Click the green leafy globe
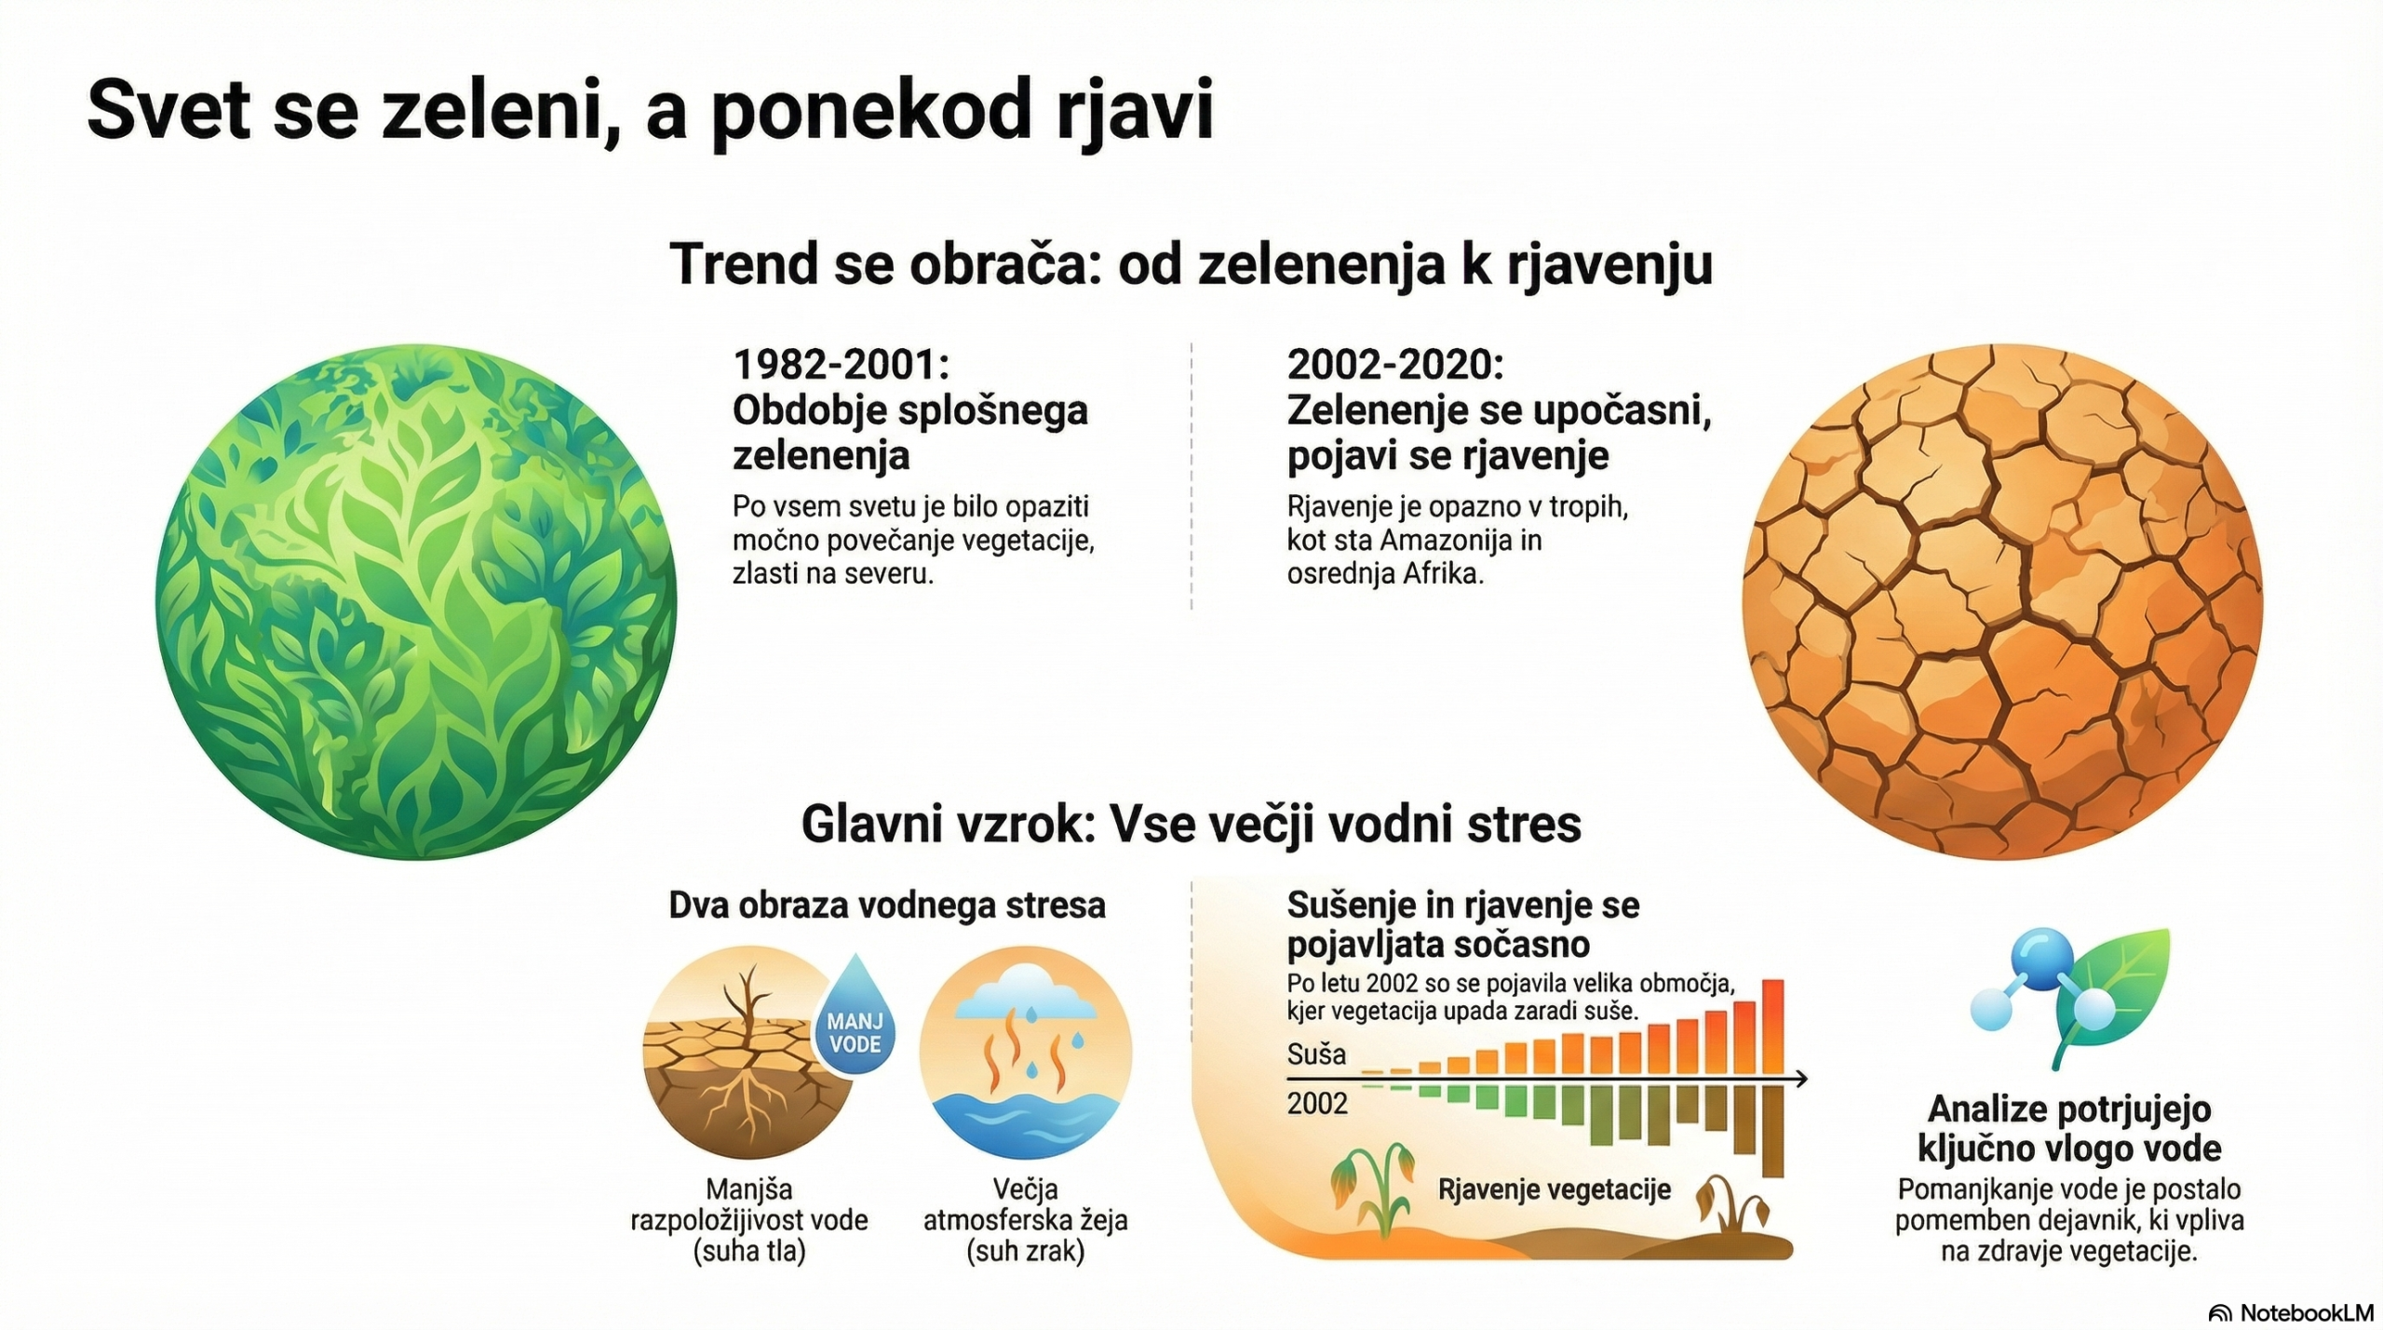(x=416, y=602)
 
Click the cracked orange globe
(x=2002, y=602)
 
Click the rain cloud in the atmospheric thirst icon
(x=1025, y=993)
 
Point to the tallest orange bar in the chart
(x=1773, y=1027)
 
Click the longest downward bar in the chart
(x=1773, y=1132)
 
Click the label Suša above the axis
(x=1316, y=1055)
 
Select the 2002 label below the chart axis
(x=1317, y=1104)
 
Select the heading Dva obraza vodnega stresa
(x=887, y=906)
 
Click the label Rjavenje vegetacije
(x=1555, y=1189)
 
